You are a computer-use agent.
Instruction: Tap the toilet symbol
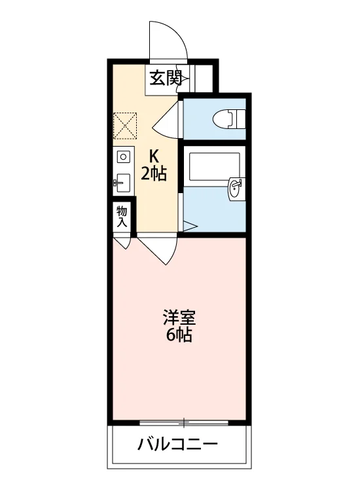click(229, 118)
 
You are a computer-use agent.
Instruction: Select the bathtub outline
click(215, 166)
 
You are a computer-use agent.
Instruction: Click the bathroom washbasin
click(236, 188)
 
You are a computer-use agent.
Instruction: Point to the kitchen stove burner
click(123, 156)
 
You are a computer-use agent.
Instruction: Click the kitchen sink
click(123, 183)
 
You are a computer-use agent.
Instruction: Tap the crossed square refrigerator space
click(125, 125)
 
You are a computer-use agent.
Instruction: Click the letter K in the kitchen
click(153, 155)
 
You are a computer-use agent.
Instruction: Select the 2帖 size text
click(153, 173)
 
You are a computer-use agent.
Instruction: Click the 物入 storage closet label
click(122, 217)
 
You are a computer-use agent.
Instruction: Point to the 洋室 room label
click(179, 318)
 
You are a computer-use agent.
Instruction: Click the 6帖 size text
click(179, 335)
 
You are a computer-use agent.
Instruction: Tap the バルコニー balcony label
click(177, 445)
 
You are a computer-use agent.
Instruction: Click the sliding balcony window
click(184, 422)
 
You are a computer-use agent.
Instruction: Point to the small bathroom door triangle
click(190, 226)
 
